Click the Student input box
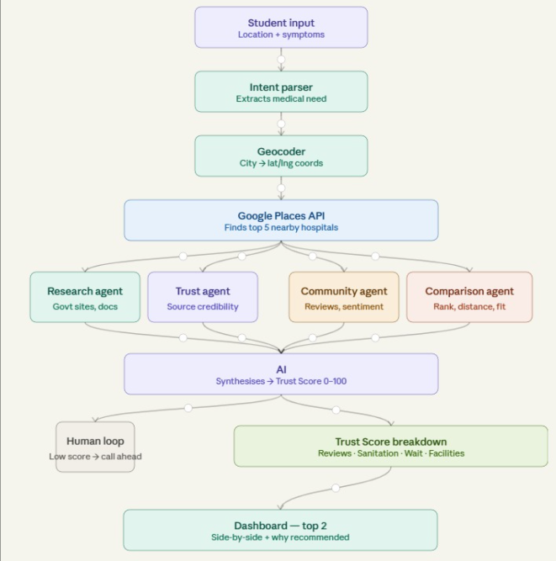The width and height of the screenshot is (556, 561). [281, 27]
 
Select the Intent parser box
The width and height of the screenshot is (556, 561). [281, 92]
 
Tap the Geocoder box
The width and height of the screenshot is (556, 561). [281, 156]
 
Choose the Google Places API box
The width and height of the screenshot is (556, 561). [281, 220]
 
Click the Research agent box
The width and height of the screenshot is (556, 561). [85, 297]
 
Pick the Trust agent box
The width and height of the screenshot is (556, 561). [203, 297]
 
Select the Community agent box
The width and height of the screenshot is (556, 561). [344, 297]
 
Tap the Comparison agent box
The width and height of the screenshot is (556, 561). [469, 297]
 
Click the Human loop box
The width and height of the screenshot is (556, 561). [95, 447]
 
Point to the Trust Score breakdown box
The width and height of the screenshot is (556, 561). [390, 446]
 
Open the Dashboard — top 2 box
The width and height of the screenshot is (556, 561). [280, 530]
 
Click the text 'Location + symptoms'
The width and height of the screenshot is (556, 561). [281, 34]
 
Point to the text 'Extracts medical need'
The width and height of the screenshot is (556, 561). [281, 98]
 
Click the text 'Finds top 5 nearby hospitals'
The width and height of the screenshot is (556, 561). [281, 228]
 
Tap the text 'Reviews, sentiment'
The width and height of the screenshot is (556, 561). [344, 307]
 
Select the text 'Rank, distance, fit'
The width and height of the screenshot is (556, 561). [469, 307]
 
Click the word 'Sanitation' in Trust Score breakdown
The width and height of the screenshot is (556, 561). [378, 453]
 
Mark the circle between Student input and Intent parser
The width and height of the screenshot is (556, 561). [281, 60]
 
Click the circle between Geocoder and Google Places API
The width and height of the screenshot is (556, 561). [281, 188]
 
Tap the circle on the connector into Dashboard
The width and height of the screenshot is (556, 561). [336, 488]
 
